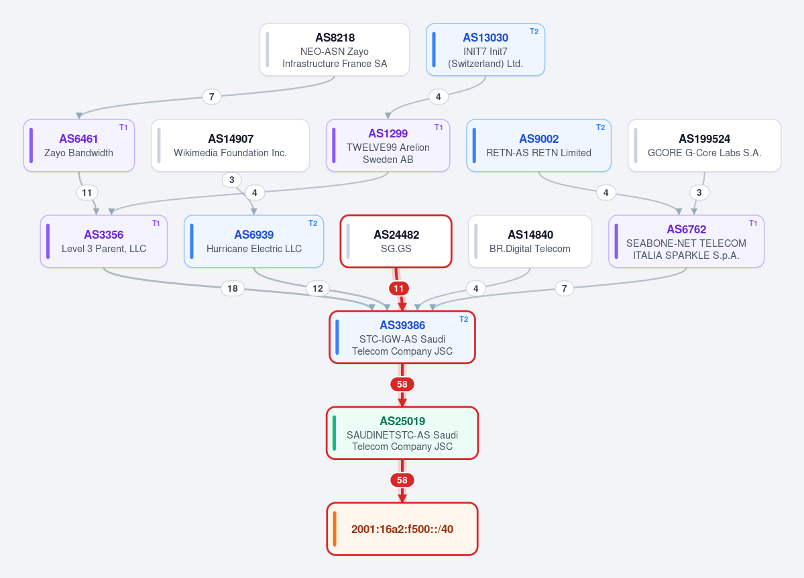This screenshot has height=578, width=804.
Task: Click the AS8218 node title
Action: point(335,38)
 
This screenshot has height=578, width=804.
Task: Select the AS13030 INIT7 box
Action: point(485,50)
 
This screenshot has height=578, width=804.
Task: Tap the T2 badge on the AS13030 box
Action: point(534,32)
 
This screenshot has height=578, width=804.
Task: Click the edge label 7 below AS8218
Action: point(211,97)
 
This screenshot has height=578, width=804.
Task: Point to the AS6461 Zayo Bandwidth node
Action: point(79,146)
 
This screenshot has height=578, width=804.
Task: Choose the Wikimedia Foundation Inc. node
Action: point(230,146)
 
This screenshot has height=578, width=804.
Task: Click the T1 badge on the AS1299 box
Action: point(439,127)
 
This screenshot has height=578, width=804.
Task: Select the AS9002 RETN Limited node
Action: point(539,146)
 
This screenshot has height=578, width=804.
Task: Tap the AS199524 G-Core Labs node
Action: point(705,146)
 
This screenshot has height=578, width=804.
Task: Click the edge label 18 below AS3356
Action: point(232,288)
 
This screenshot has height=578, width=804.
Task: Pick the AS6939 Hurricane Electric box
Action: point(254,241)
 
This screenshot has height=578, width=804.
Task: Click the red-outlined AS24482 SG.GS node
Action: point(396,241)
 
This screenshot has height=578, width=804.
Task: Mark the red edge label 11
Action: point(399,288)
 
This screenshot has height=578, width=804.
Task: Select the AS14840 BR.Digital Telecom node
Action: point(530,241)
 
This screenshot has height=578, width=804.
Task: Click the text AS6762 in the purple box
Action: point(686,229)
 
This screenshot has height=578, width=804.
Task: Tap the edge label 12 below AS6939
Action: point(317,288)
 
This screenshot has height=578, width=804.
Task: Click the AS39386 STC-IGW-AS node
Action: point(402,337)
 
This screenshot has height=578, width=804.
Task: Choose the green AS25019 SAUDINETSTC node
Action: point(402,433)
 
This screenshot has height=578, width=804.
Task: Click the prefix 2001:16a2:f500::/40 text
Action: point(402,529)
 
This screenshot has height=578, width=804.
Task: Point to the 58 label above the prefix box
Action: point(402,480)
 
